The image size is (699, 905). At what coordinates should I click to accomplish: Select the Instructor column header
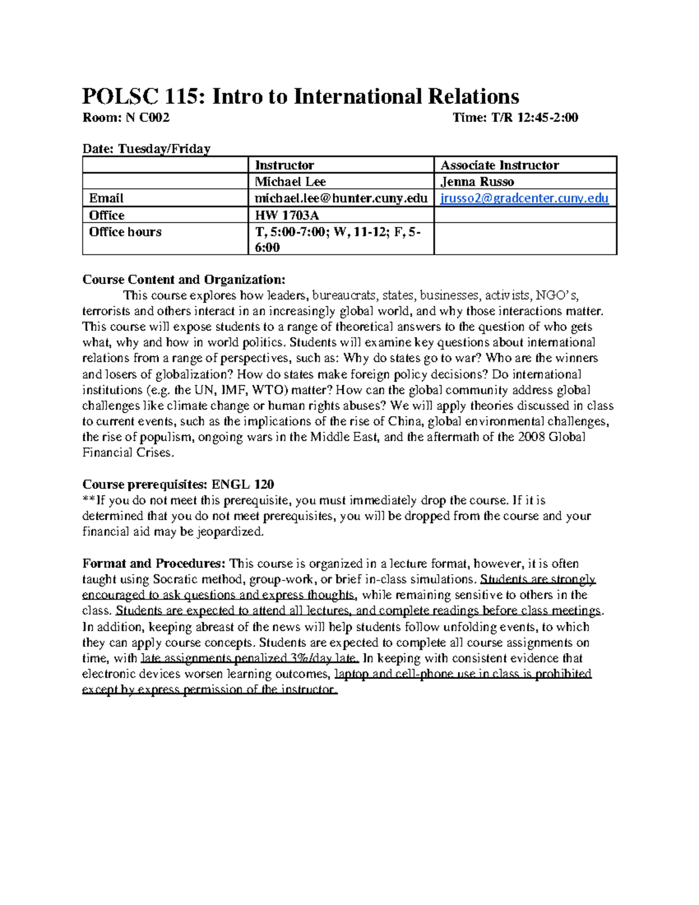click(284, 165)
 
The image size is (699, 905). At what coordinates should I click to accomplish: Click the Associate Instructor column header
click(500, 165)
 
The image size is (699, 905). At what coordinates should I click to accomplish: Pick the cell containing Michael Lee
click(290, 182)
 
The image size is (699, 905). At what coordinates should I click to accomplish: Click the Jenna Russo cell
click(477, 182)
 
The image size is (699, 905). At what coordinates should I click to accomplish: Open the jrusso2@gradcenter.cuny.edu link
click(524, 199)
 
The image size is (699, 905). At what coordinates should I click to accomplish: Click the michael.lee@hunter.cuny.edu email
click(341, 199)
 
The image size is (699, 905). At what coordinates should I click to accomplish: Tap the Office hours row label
click(125, 232)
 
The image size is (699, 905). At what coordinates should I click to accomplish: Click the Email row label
click(106, 199)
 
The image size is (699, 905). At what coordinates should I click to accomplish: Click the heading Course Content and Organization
click(184, 280)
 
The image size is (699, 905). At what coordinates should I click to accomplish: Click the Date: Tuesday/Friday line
click(146, 149)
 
